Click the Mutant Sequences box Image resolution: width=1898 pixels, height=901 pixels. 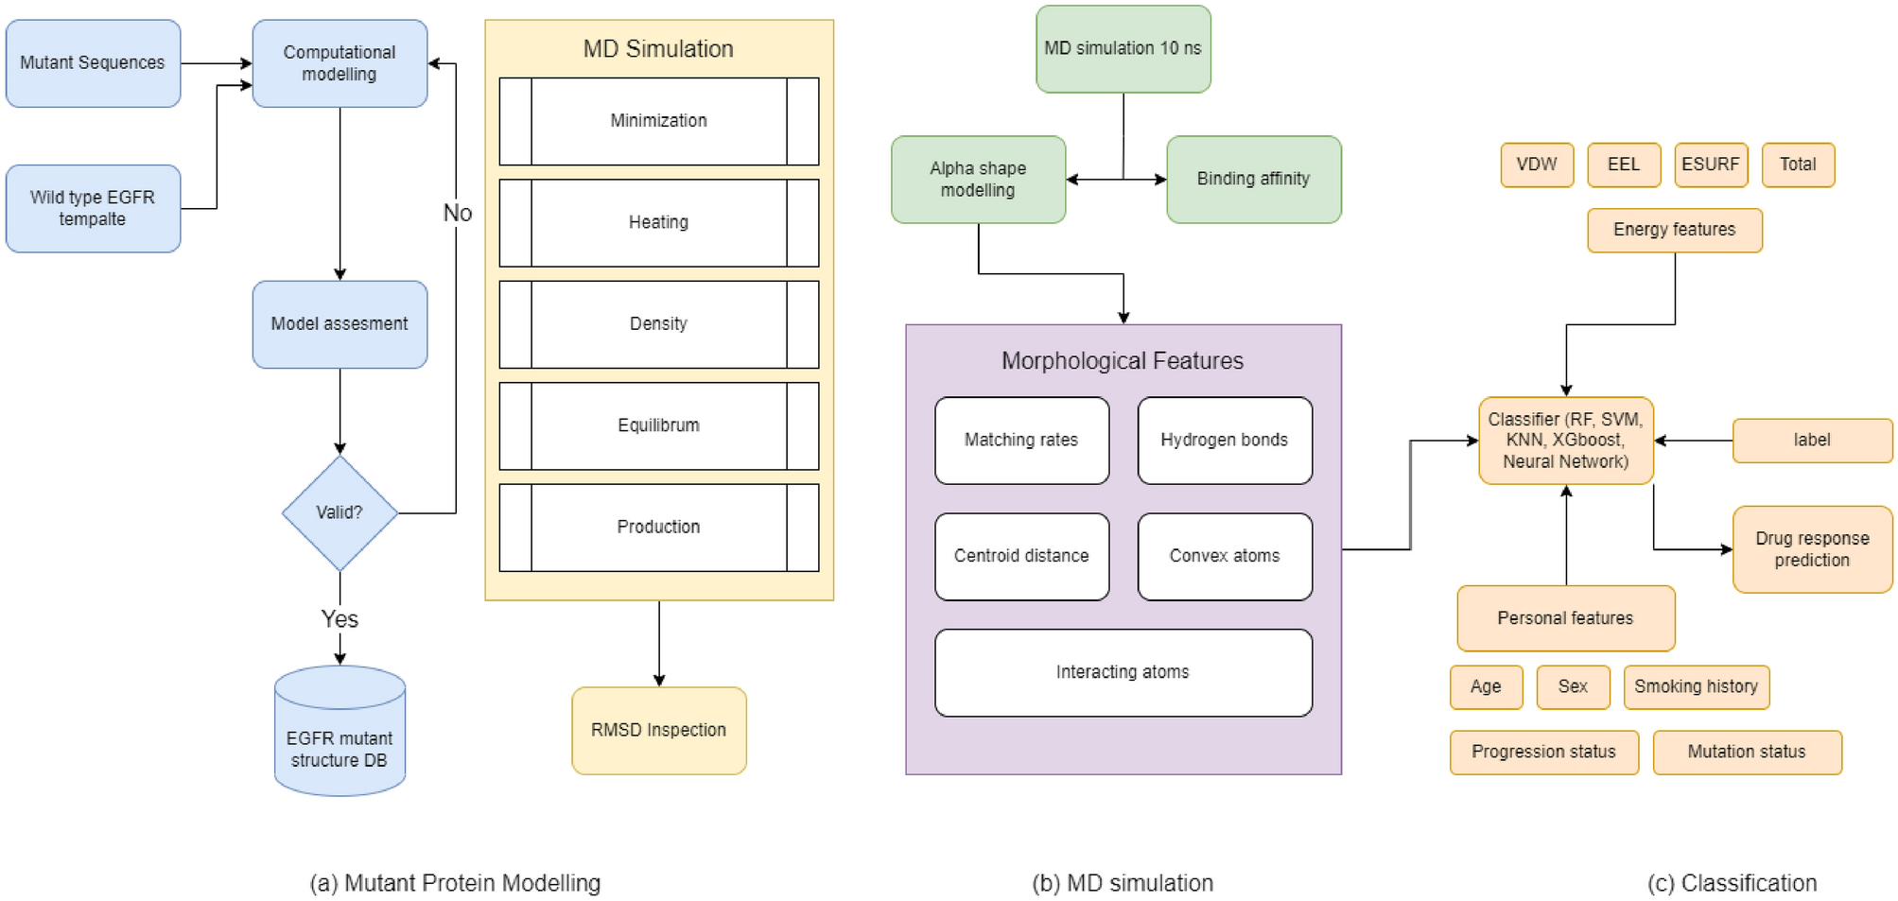[x=93, y=63]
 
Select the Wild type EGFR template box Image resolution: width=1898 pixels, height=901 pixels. [x=93, y=208]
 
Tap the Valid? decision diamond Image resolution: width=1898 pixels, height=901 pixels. [x=340, y=512]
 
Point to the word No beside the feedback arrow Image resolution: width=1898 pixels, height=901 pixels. [x=457, y=214]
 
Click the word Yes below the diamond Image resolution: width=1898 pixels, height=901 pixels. [x=340, y=619]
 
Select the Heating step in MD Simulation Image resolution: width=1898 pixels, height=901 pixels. [x=658, y=222]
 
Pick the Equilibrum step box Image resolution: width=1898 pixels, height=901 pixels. [x=658, y=425]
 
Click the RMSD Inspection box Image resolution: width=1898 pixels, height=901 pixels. [x=658, y=730]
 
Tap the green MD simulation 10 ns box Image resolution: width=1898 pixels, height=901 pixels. [x=1123, y=48]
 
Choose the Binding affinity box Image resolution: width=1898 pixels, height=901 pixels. [x=1253, y=179]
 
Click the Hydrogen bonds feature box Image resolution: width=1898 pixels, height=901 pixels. [x=1224, y=440]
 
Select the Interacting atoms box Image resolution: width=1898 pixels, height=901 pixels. [x=1123, y=672]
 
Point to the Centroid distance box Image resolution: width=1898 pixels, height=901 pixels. [x=1021, y=556]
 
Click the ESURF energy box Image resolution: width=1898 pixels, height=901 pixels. [x=1710, y=165]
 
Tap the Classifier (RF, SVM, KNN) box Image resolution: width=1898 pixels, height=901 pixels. [x=1565, y=441]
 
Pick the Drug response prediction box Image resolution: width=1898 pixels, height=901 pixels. [x=1812, y=549]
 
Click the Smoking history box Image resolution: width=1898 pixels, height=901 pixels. [x=1696, y=686]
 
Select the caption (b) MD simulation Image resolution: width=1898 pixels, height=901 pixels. [x=1123, y=883]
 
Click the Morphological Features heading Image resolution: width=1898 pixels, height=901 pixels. [x=1123, y=361]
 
